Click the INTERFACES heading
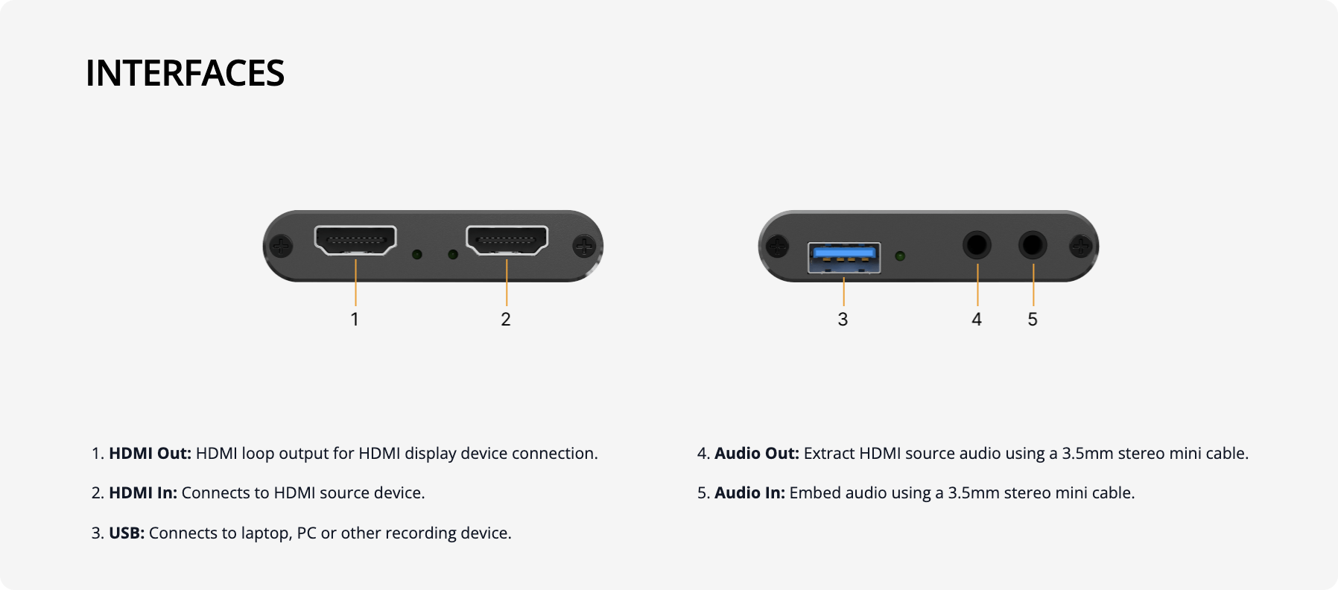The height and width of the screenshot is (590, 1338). click(185, 74)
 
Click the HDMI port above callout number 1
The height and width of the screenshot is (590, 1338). click(355, 240)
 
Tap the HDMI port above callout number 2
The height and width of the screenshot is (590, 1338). click(507, 240)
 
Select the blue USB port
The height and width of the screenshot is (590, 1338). click(844, 257)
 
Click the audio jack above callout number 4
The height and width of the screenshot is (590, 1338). click(977, 244)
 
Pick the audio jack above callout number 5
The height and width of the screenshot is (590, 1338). click(1033, 244)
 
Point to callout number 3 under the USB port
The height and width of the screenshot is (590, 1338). click(843, 320)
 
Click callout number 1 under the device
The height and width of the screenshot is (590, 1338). click(355, 320)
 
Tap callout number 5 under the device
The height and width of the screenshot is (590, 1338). click(1033, 320)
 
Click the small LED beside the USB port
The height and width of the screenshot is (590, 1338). click(900, 256)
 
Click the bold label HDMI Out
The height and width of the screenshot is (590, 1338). click(150, 454)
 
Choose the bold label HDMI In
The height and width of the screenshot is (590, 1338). click(143, 493)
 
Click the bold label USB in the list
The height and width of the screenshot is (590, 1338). click(127, 533)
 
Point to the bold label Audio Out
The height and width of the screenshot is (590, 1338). click(756, 454)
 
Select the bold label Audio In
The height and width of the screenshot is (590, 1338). click(749, 493)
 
